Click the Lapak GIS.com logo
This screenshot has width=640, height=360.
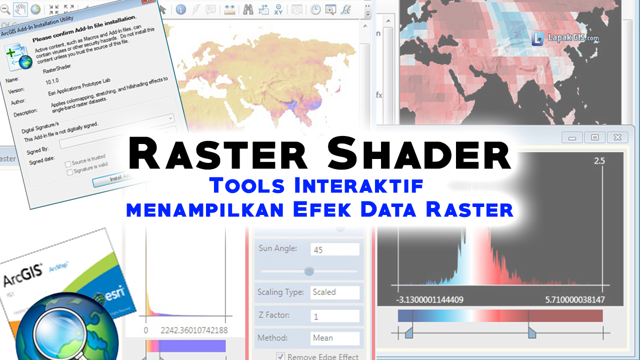pyautogui.click(x=565, y=38)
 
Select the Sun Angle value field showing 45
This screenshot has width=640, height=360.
pyautogui.click(x=334, y=249)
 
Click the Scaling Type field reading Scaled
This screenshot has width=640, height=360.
pyautogui.click(x=334, y=292)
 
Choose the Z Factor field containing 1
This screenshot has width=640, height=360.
pyautogui.click(x=334, y=316)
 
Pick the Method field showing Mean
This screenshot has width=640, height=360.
pyautogui.click(x=334, y=338)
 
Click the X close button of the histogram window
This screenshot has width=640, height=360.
pyautogui.click(x=617, y=137)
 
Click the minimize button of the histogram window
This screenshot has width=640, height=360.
pyautogui.click(x=572, y=137)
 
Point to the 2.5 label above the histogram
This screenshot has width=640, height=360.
pyautogui.click(x=599, y=161)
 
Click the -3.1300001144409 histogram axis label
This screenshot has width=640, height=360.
pyautogui.click(x=429, y=300)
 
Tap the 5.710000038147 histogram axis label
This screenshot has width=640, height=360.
pyautogui.click(x=574, y=300)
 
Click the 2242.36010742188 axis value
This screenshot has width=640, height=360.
pyautogui.click(x=193, y=330)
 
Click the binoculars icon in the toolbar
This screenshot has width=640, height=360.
pyautogui.click(x=248, y=9)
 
